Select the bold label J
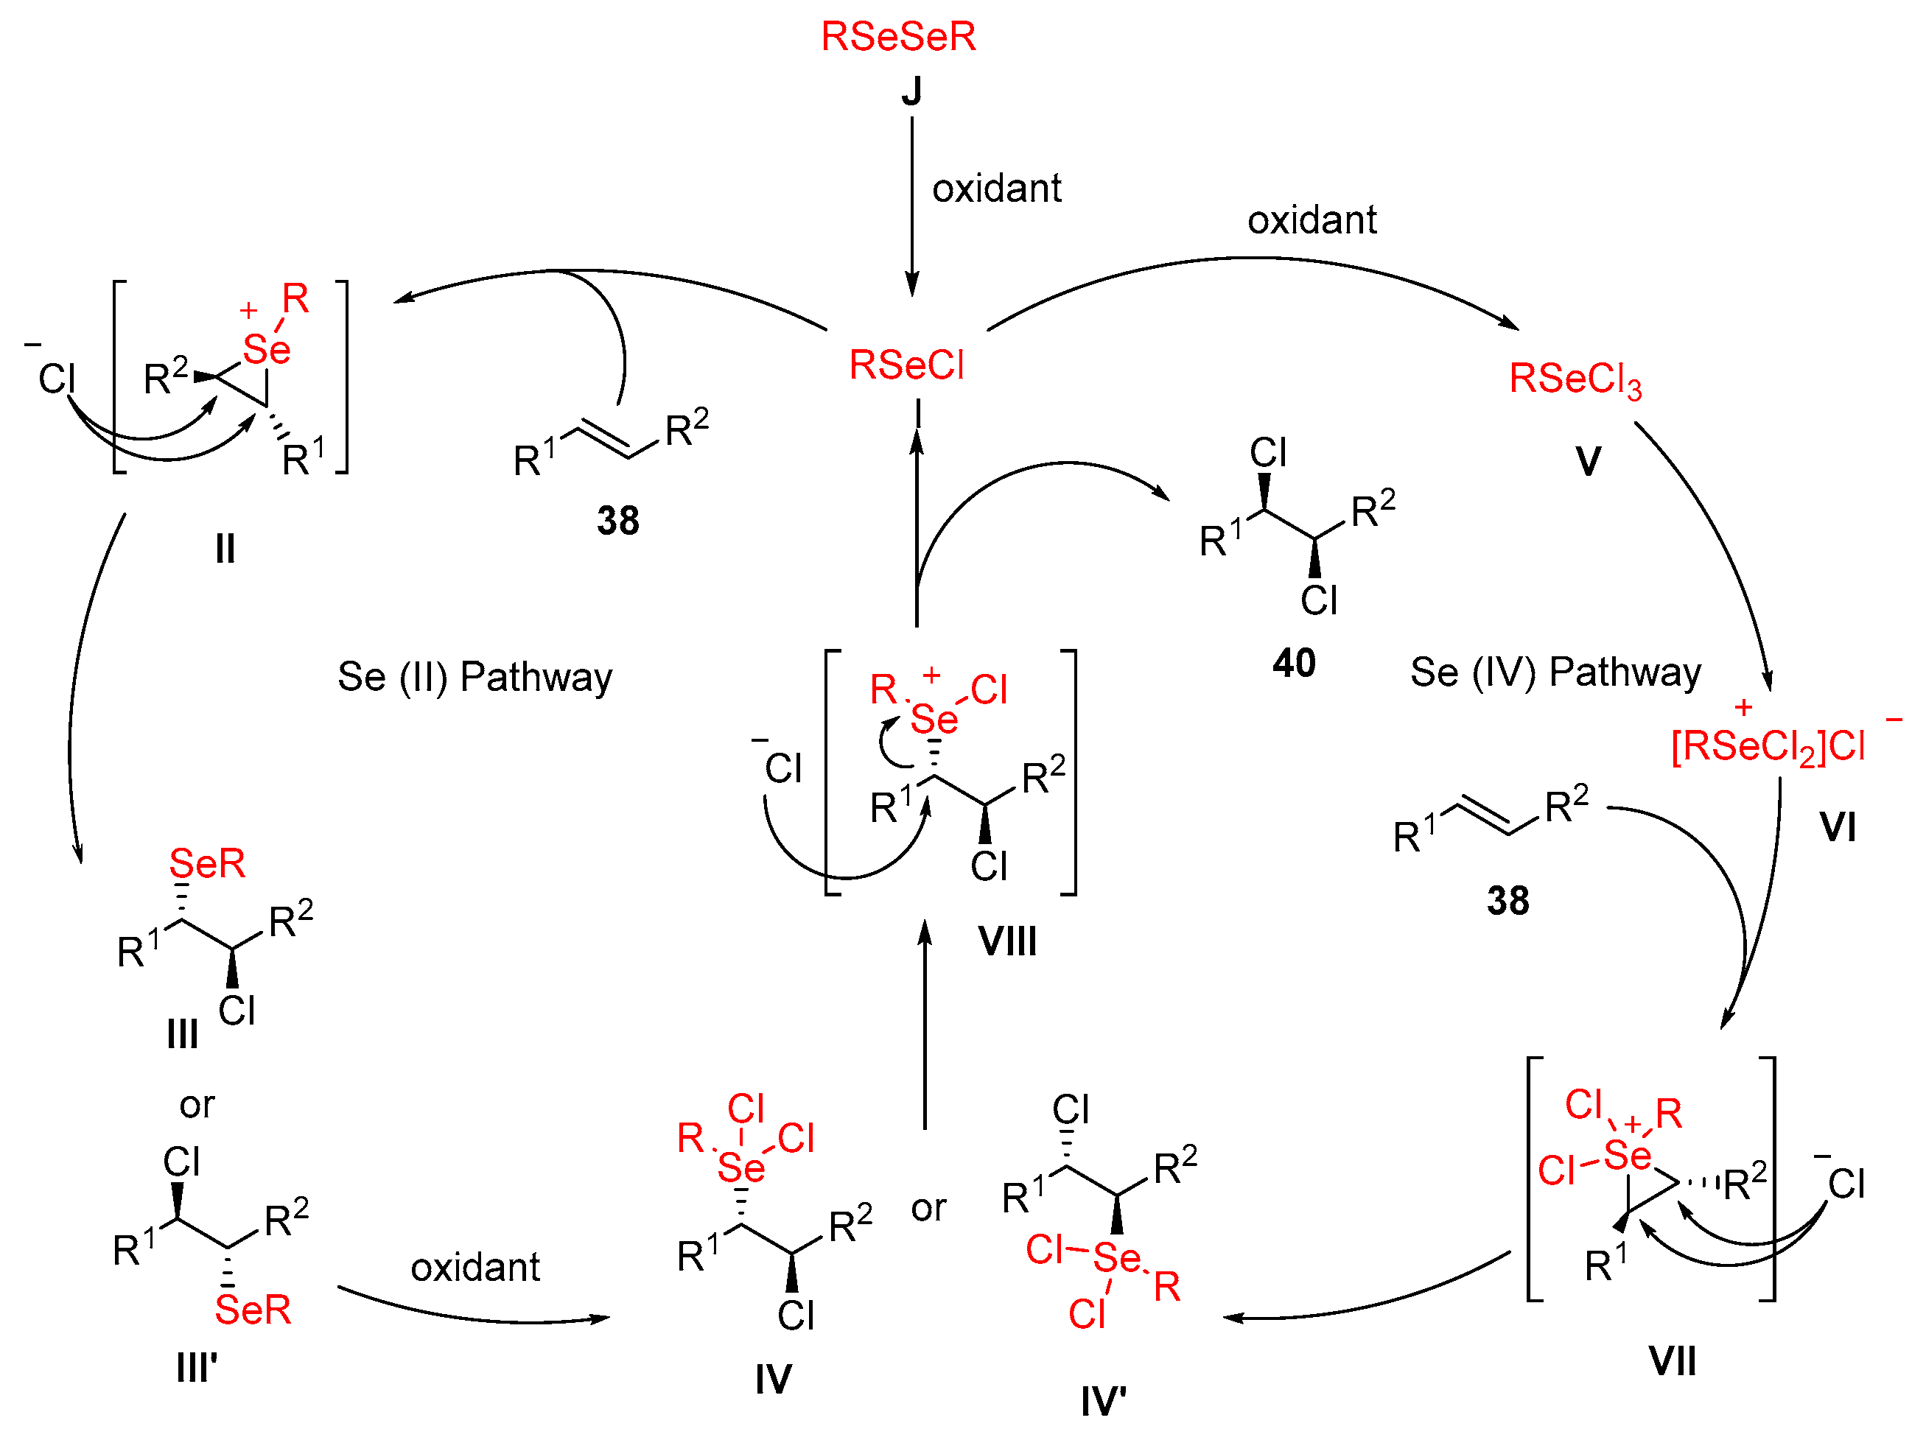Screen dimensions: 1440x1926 911,91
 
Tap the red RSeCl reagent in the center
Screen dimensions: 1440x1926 906,365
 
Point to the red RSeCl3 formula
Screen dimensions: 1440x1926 1575,379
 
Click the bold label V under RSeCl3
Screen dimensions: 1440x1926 1587,460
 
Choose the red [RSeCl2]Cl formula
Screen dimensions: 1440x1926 1768,746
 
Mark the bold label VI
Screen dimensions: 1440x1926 1837,826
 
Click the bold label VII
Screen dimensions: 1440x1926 1672,1360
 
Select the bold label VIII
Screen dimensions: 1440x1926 1006,941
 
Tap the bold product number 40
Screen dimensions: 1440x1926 1293,664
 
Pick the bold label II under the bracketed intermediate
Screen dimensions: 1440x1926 225,549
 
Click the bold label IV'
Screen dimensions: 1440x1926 1103,1401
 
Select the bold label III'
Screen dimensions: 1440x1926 197,1367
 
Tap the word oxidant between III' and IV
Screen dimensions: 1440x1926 475,1267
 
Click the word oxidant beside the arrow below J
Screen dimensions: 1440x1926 996,188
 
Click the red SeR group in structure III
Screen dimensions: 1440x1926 207,864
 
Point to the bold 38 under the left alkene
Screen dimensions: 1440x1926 617,521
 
